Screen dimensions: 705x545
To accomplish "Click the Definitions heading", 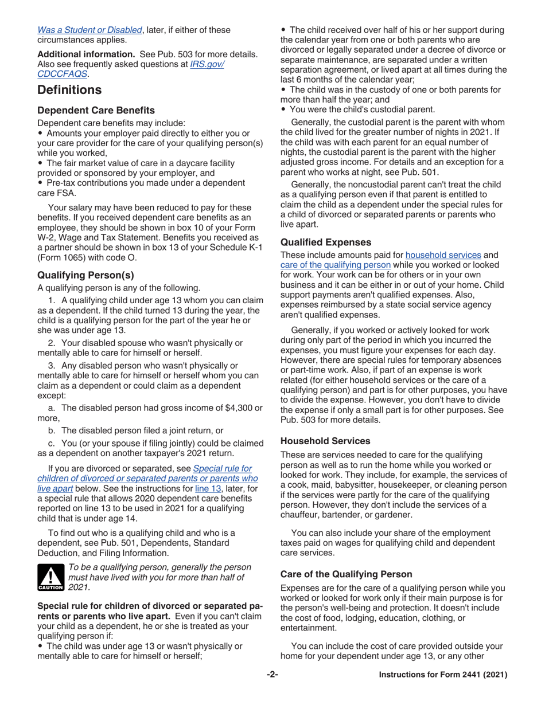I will click(69, 90).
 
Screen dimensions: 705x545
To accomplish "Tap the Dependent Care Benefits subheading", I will click(96, 110).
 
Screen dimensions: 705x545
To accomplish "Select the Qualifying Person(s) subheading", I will click(85, 275).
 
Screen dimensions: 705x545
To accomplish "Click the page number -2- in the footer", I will click(272, 675).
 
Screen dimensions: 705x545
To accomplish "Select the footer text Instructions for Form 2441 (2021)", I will click(443, 675).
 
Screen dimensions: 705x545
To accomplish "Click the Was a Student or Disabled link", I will click(89, 30).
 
